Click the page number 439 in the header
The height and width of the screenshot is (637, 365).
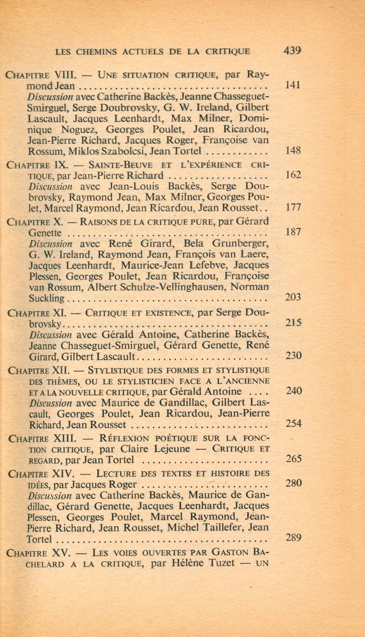[x=292, y=51]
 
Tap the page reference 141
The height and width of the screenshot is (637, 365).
[x=293, y=85]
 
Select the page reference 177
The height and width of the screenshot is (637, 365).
[x=293, y=207]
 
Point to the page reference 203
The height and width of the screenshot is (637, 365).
[x=293, y=297]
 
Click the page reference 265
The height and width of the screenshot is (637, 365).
[x=293, y=459]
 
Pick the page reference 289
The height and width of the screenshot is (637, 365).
[x=293, y=538]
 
